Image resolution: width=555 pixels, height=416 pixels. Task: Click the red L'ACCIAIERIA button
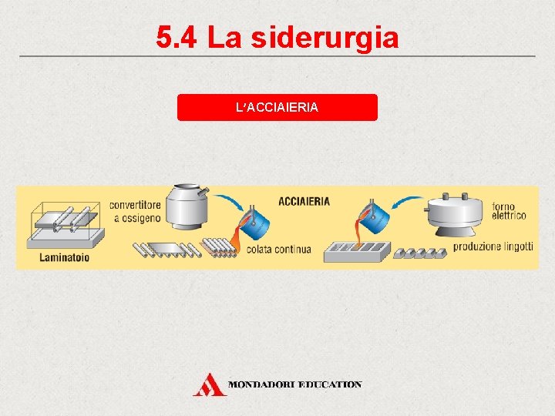pos(277,108)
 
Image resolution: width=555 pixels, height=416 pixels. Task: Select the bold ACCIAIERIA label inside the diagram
pos(304,202)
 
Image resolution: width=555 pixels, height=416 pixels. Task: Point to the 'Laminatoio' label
pos(64,257)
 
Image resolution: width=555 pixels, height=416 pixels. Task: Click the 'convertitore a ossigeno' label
pos(135,212)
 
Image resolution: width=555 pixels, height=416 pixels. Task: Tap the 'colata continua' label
pos(279,249)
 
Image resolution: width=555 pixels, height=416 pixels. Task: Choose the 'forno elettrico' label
pos(510,211)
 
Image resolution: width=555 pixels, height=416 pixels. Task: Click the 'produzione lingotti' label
pos(493,247)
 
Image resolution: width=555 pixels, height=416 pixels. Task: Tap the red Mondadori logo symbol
pos(208,384)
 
